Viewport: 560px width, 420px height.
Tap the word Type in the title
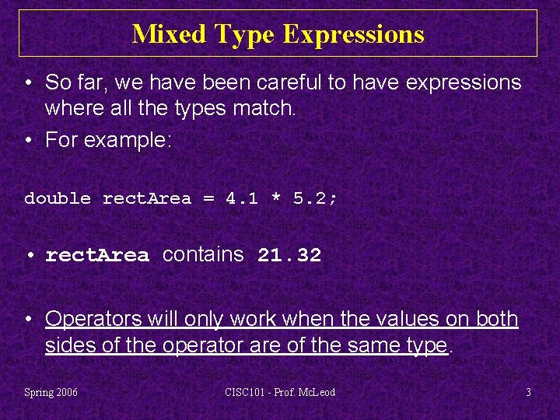coord(245,34)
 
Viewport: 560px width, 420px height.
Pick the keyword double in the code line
coord(58,198)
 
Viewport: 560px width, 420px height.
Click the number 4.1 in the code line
coord(241,198)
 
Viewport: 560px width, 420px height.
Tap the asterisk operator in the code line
coord(275,198)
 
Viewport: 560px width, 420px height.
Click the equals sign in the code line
coord(208,198)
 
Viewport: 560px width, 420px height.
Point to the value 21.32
coord(289,256)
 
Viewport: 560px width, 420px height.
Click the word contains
coord(203,255)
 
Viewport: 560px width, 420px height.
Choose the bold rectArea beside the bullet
coord(97,256)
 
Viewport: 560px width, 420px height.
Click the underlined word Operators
coord(93,319)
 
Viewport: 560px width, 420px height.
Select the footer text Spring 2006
coord(51,392)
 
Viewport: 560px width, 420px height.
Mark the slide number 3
coord(528,392)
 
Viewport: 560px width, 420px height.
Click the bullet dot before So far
coord(28,82)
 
